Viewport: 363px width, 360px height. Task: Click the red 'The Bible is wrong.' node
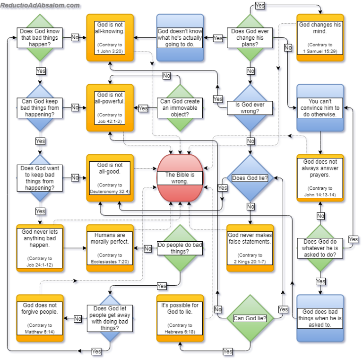pos(180,177)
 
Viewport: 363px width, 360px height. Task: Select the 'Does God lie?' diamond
pos(250,178)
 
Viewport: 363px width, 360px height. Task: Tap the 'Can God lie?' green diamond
pos(250,318)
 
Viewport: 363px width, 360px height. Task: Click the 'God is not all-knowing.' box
pos(110,37)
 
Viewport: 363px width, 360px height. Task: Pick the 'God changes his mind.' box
pos(320,37)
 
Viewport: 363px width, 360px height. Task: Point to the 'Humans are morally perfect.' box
pos(110,247)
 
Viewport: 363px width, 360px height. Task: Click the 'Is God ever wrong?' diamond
pos(250,107)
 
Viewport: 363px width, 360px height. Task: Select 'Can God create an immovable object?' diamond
pos(180,107)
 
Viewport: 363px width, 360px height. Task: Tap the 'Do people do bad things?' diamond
pos(180,248)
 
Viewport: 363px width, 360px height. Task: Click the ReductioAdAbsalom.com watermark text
pos(40,5)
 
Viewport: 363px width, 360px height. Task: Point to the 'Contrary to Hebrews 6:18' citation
pos(180,328)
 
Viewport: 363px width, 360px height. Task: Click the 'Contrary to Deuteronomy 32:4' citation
pos(110,188)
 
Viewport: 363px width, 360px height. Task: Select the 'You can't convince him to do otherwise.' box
pos(320,107)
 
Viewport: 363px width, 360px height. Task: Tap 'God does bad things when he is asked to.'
pos(320,318)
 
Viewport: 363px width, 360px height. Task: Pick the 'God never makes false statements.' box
pos(250,247)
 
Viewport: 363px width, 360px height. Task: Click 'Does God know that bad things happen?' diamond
pos(40,37)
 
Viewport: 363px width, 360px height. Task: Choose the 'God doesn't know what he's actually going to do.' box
pos(180,37)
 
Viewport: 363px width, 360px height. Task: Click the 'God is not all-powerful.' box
pos(110,107)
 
